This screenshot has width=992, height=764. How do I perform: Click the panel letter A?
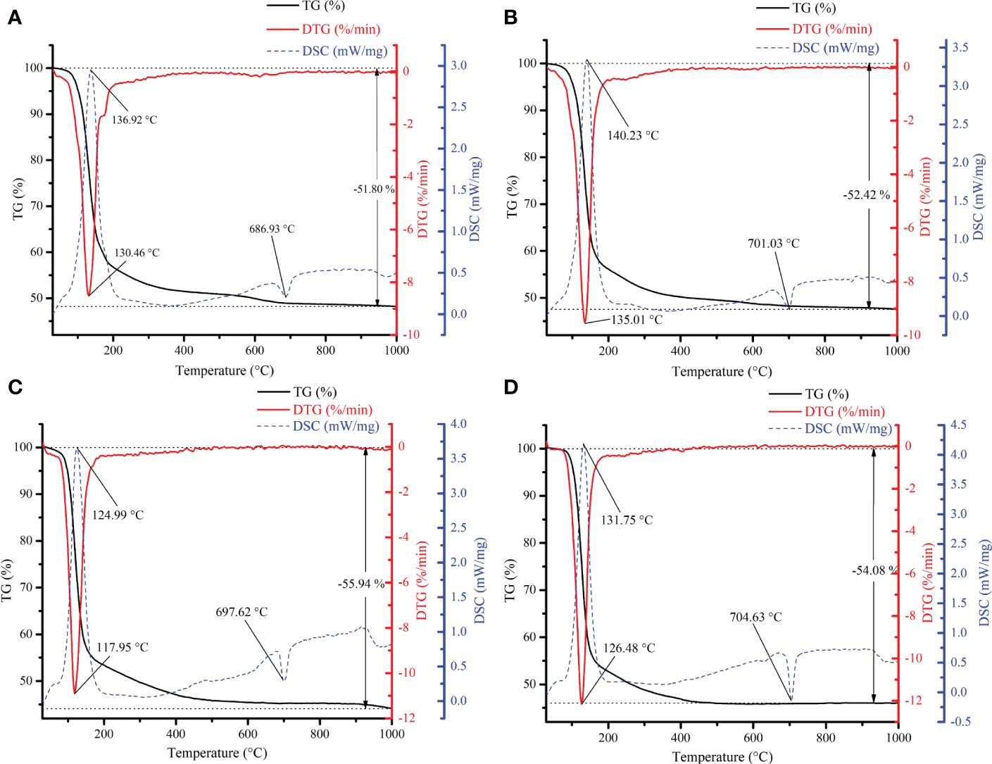pos(14,18)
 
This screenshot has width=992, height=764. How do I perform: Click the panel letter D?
pos(511,388)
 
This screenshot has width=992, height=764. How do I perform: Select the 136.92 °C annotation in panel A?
pos(134,120)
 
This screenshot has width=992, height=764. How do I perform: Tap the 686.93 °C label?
pos(272,230)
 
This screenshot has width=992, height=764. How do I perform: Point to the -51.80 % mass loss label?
pos(373,189)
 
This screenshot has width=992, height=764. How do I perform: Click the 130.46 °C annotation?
pos(137,253)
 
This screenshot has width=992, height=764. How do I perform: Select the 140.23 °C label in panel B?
pos(633,135)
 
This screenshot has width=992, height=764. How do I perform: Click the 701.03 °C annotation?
pos(773,244)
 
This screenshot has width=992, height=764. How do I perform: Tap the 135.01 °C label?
pos(636,320)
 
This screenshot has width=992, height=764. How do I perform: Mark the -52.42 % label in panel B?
pos(866,195)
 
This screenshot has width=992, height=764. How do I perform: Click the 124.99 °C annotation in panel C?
pos(118,515)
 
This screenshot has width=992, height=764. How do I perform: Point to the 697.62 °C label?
pos(241,613)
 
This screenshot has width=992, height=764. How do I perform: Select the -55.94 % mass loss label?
pos(361,584)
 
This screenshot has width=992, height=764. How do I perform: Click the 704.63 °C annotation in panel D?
pos(755,618)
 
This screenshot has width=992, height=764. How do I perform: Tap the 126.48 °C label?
pos(629,648)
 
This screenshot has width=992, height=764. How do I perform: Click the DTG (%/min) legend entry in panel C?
pos(332,410)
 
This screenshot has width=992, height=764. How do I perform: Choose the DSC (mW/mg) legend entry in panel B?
pos(835,48)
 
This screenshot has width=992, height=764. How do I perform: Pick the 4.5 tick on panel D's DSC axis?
pos(958,425)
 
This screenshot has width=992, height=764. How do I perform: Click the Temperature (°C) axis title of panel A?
pos(224,371)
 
